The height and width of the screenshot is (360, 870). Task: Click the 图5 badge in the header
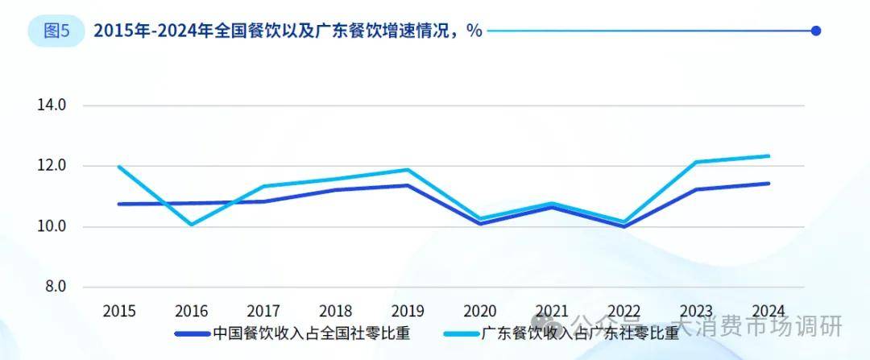(56, 31)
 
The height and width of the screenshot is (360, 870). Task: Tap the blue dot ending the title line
(815, 31)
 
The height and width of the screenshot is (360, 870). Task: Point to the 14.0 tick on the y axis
(50, 106)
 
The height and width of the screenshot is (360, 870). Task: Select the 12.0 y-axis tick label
(50, 166)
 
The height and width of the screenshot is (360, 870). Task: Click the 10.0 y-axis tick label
(50, 226)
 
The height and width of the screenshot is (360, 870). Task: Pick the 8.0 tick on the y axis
(53, 287)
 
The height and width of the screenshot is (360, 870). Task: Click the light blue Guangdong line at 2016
(191, 224)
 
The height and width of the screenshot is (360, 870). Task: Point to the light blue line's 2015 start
(119, 167)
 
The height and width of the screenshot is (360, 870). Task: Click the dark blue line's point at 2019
(408, 185)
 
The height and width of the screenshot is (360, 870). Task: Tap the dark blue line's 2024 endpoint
(768, 184)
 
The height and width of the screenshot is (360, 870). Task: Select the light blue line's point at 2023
(696, 162)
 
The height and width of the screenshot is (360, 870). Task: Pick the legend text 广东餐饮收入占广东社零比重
(580, 333)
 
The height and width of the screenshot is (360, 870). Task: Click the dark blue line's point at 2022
(624, 226)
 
